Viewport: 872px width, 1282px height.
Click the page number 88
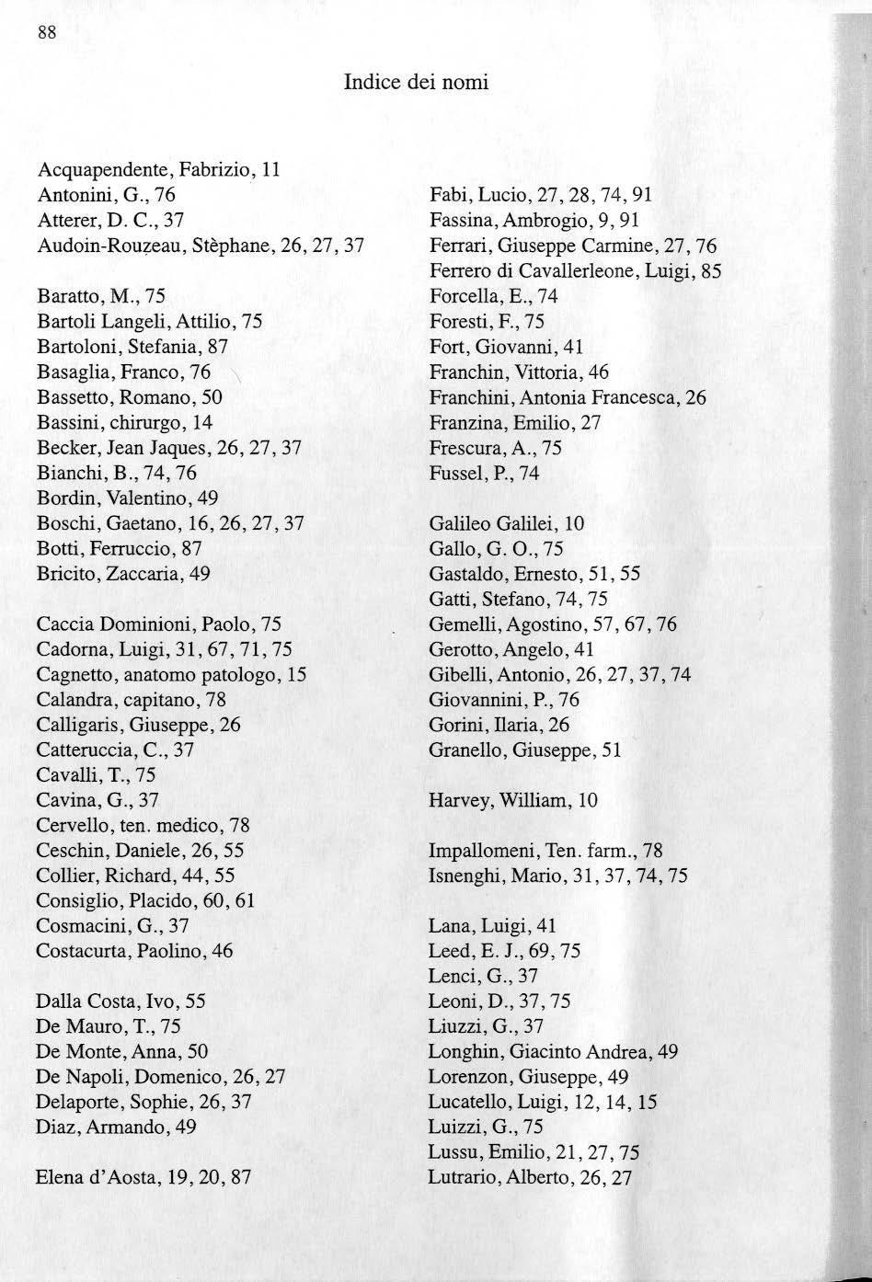coord(47,33)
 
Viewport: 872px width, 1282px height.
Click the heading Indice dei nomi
coord(416,83)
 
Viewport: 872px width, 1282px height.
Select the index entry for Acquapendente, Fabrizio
coord(157,169)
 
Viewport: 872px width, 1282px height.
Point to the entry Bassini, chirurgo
coord(124,422)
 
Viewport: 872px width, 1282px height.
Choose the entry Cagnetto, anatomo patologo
coord(171,674)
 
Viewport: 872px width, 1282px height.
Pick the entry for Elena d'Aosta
coord(143,1176)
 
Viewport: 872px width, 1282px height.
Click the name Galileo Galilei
coord(494,524)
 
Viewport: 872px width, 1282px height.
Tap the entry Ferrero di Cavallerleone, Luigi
coord(575,271)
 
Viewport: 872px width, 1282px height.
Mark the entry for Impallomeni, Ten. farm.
coord(545,851)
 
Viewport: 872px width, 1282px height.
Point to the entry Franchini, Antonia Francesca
coord(568,398)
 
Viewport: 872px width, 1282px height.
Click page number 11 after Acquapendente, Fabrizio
coord(270,169)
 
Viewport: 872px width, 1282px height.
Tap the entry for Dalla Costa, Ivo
coord(120,1002)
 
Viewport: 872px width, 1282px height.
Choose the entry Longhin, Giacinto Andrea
coord(553,1051)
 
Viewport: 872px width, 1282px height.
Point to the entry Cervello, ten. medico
coord(143,825)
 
